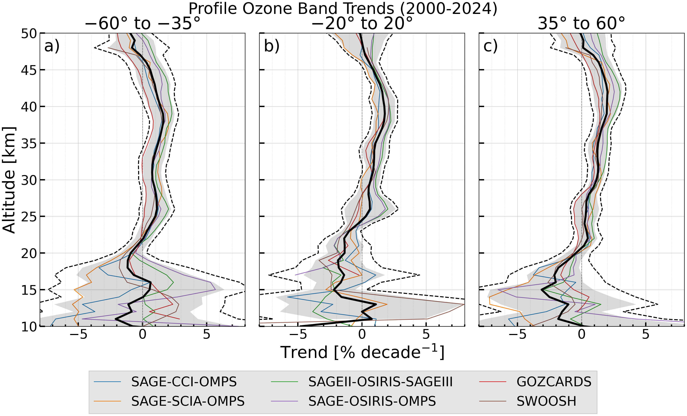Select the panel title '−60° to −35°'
(143, 23)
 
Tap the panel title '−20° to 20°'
(362, 23)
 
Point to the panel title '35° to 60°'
(581, 23)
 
